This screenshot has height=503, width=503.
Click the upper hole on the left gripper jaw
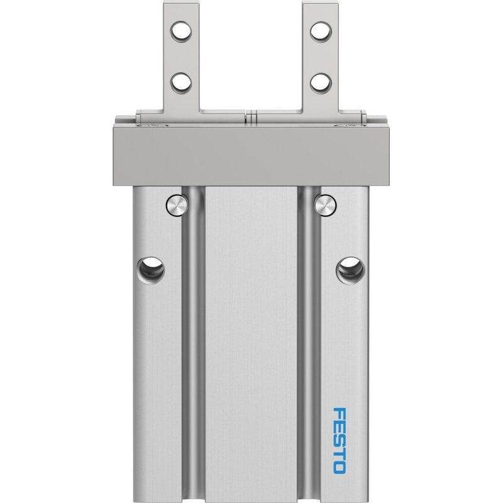pyautogui.click(x=181, y=31)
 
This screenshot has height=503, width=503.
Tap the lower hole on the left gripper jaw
pyautogui.click(x=181, y=83)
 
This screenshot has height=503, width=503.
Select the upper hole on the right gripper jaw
pyautogui.click(x=321, y=31)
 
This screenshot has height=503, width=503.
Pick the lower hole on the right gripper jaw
pyautogui.click(x=321, y=83)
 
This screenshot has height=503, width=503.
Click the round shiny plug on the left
pyautogui.click(x=177, y=205)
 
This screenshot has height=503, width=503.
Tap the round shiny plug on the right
pyautogui.click(x=325, y=205)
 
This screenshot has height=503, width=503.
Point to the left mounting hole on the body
pyautogui.click(x=150, y=270)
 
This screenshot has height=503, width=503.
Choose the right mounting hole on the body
pyautogui.click(x=350, y=270)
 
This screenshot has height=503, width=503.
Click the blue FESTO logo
pyautogui.click(x=340, y=441)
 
